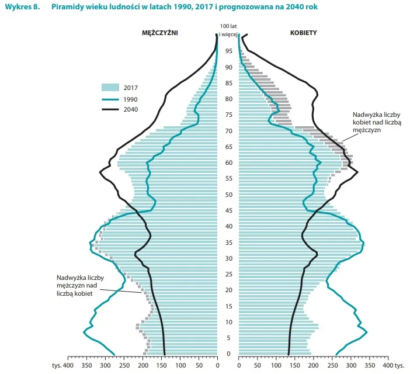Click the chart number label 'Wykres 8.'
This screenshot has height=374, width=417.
coord(22,7)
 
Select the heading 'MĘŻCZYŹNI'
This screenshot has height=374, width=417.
coord(160,33)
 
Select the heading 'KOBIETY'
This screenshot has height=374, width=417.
coord(304,33)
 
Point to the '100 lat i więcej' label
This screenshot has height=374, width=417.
coord(228,30)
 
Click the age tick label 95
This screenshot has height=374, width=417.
coord(228,51)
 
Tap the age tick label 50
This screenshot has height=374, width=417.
coord(228,195)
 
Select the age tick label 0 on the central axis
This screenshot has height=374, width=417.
coord(228,354)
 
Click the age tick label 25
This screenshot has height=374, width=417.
coord(228,274)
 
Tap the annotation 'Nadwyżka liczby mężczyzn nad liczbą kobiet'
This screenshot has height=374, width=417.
coord(75,286)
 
